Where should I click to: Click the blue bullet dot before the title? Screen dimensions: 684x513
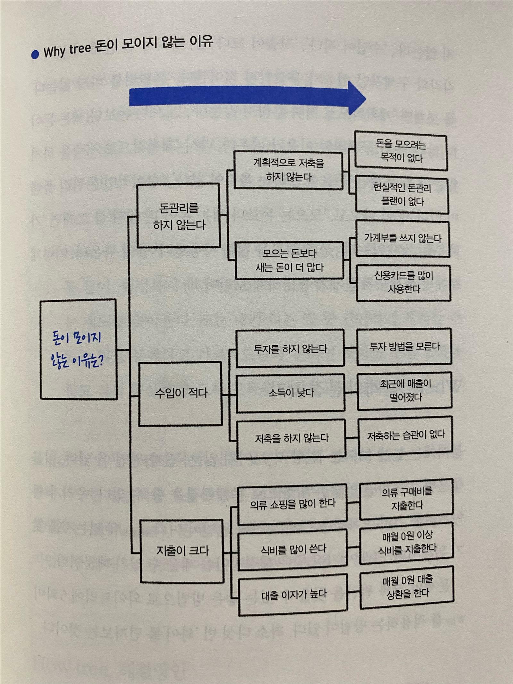[x=35, y=54]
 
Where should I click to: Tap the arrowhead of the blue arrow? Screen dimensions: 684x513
[x=356, y=98]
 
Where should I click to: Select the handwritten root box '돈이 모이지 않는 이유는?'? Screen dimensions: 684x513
[x=78, y=349]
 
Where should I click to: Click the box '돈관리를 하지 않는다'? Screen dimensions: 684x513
[x=179, y=215]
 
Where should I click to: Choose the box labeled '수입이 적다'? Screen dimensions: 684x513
[x=180, y=393]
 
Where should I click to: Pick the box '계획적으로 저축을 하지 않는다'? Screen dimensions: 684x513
[x=288, y=170]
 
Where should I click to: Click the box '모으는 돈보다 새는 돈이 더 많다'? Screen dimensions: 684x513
[x=289, y=261]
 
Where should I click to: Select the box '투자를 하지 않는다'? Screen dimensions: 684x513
[x=290, y=349]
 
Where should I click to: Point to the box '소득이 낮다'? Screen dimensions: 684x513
[x=290, y=393]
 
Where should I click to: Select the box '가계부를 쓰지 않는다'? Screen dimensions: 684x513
[x=403, y=238]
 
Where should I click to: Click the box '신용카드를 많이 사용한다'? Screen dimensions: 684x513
[x=403, y=283]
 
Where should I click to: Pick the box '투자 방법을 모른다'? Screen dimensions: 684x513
[x=404, y=347]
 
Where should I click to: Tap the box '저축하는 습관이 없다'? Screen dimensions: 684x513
[x=406, y=435]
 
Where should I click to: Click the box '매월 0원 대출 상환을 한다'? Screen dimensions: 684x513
[x=407, y=587]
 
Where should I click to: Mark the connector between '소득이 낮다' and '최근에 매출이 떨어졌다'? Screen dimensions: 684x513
[x=351, y=392]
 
